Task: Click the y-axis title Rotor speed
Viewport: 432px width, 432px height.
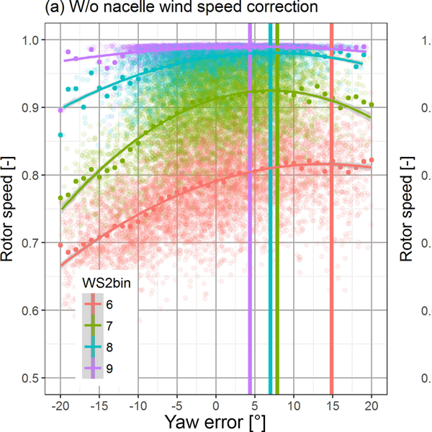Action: coord(12,209)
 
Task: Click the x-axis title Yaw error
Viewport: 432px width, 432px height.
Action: coord(216,420)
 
